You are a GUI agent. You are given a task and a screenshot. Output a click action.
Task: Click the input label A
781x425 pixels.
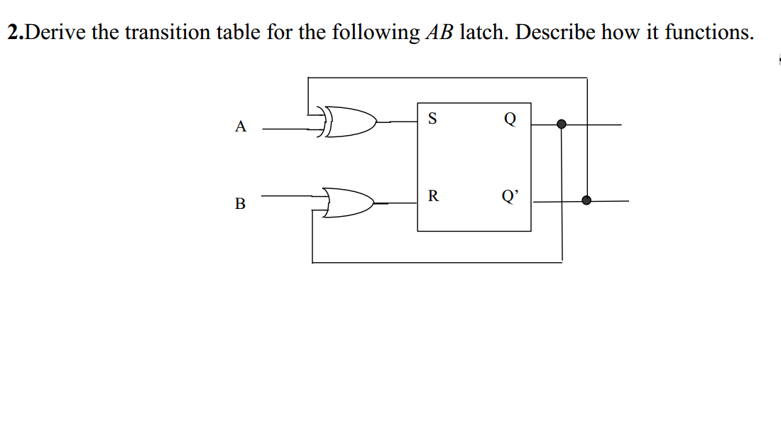point(241,127)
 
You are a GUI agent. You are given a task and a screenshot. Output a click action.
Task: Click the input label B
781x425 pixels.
point(240,204)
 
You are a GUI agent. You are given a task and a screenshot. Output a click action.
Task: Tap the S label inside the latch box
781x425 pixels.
point(432,119)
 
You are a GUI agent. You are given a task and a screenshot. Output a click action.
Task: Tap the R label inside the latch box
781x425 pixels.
point(432,196)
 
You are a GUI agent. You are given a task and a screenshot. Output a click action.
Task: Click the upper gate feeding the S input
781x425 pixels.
point(351,122)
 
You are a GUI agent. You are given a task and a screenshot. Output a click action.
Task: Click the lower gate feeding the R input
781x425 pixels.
point(349,202)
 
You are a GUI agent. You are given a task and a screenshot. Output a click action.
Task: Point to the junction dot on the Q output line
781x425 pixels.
point(562,124)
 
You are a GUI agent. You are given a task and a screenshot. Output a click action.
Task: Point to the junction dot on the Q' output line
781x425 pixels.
point(586,200)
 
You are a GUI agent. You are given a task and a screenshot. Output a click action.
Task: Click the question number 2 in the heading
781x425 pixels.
point(13,33)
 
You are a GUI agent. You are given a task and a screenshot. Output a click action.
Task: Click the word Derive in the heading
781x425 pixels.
point(58,33)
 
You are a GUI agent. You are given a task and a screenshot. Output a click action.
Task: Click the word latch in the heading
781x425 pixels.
point(484,33)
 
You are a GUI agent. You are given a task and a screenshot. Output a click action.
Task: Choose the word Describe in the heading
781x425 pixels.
point(561,33)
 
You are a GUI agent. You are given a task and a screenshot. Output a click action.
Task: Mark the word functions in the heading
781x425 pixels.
point(708,33)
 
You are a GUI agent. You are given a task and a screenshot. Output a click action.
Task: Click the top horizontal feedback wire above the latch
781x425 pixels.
point(447,77)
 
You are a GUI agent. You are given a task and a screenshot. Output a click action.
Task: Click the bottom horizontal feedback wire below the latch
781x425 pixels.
point(437,262)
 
